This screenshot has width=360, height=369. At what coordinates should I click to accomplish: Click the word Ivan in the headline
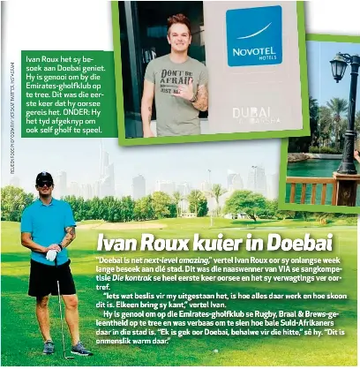tap(117, 242)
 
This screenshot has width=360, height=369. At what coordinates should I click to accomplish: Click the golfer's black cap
tap(44, 177)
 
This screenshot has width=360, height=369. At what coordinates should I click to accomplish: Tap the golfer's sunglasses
tap(44, 184)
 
